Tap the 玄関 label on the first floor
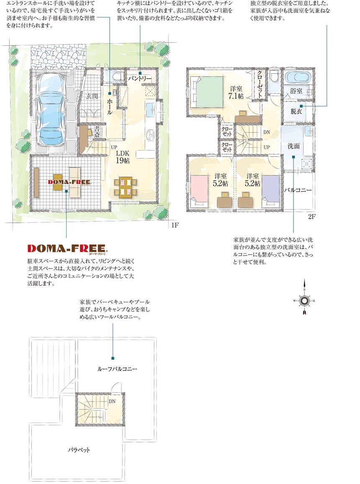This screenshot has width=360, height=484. (x=92, y=96)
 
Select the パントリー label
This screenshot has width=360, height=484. (x=140, y=78)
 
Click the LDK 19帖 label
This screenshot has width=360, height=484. (x=123, y=157)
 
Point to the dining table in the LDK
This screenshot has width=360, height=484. (x=125, y=187)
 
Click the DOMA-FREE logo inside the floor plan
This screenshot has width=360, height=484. (x=70, y=182)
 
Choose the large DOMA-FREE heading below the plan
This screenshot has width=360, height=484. (x=67, y=248)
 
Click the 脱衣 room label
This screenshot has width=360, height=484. (x=296, y=111)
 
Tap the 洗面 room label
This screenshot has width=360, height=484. (x=293, y=146)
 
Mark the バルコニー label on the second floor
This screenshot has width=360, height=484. (x=298, y=190)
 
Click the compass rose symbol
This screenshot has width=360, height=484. (x=304, y=300)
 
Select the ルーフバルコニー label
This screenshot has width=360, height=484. (x=117, y=369)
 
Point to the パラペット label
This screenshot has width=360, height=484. (x=79, y=450)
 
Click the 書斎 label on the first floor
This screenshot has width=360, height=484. (x=97, y=131)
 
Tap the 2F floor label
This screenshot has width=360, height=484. (x=311, y=217)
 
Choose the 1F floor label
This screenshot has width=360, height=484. (x=175, y=225)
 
